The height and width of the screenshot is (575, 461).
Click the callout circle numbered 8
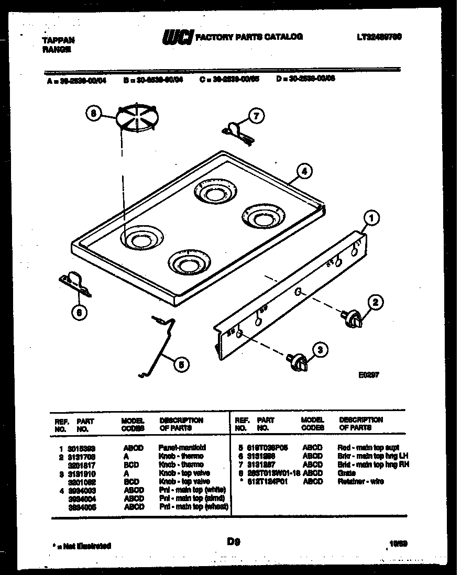(94, 113)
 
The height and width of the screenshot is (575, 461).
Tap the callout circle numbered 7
(255, 116)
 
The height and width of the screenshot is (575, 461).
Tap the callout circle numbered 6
(78, 312)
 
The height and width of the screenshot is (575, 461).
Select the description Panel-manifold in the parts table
(182, 448)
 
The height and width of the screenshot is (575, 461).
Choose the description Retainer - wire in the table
(361, 481)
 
